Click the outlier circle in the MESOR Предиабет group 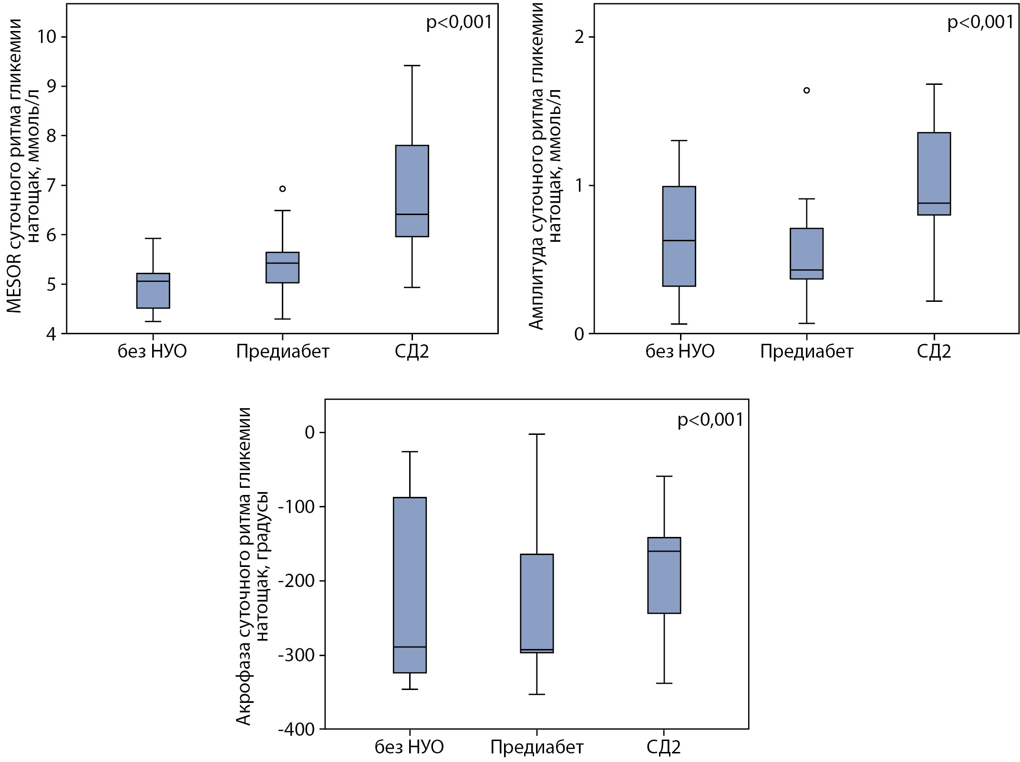[x=282, y=189]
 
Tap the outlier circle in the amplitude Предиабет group [x=806, y=90]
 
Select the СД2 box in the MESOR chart [x=412, y=191]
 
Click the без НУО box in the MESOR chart [x=153, y=291]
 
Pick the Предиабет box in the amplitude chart [x=806, y=253]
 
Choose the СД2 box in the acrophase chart [x=664, y=575]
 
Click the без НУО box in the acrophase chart [x=410, y=585]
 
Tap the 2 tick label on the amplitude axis [x=579, y=37]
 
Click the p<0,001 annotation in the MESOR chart [x=459, y=22]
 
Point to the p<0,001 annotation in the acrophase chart [x=710, y=420]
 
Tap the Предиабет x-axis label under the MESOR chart [x=282, y=352]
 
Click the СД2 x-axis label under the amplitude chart [x=934, y=352]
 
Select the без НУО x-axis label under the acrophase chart [x=409, y=747]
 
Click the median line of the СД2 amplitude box [x=934, y=203]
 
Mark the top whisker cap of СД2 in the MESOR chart [x=412, y=66]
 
